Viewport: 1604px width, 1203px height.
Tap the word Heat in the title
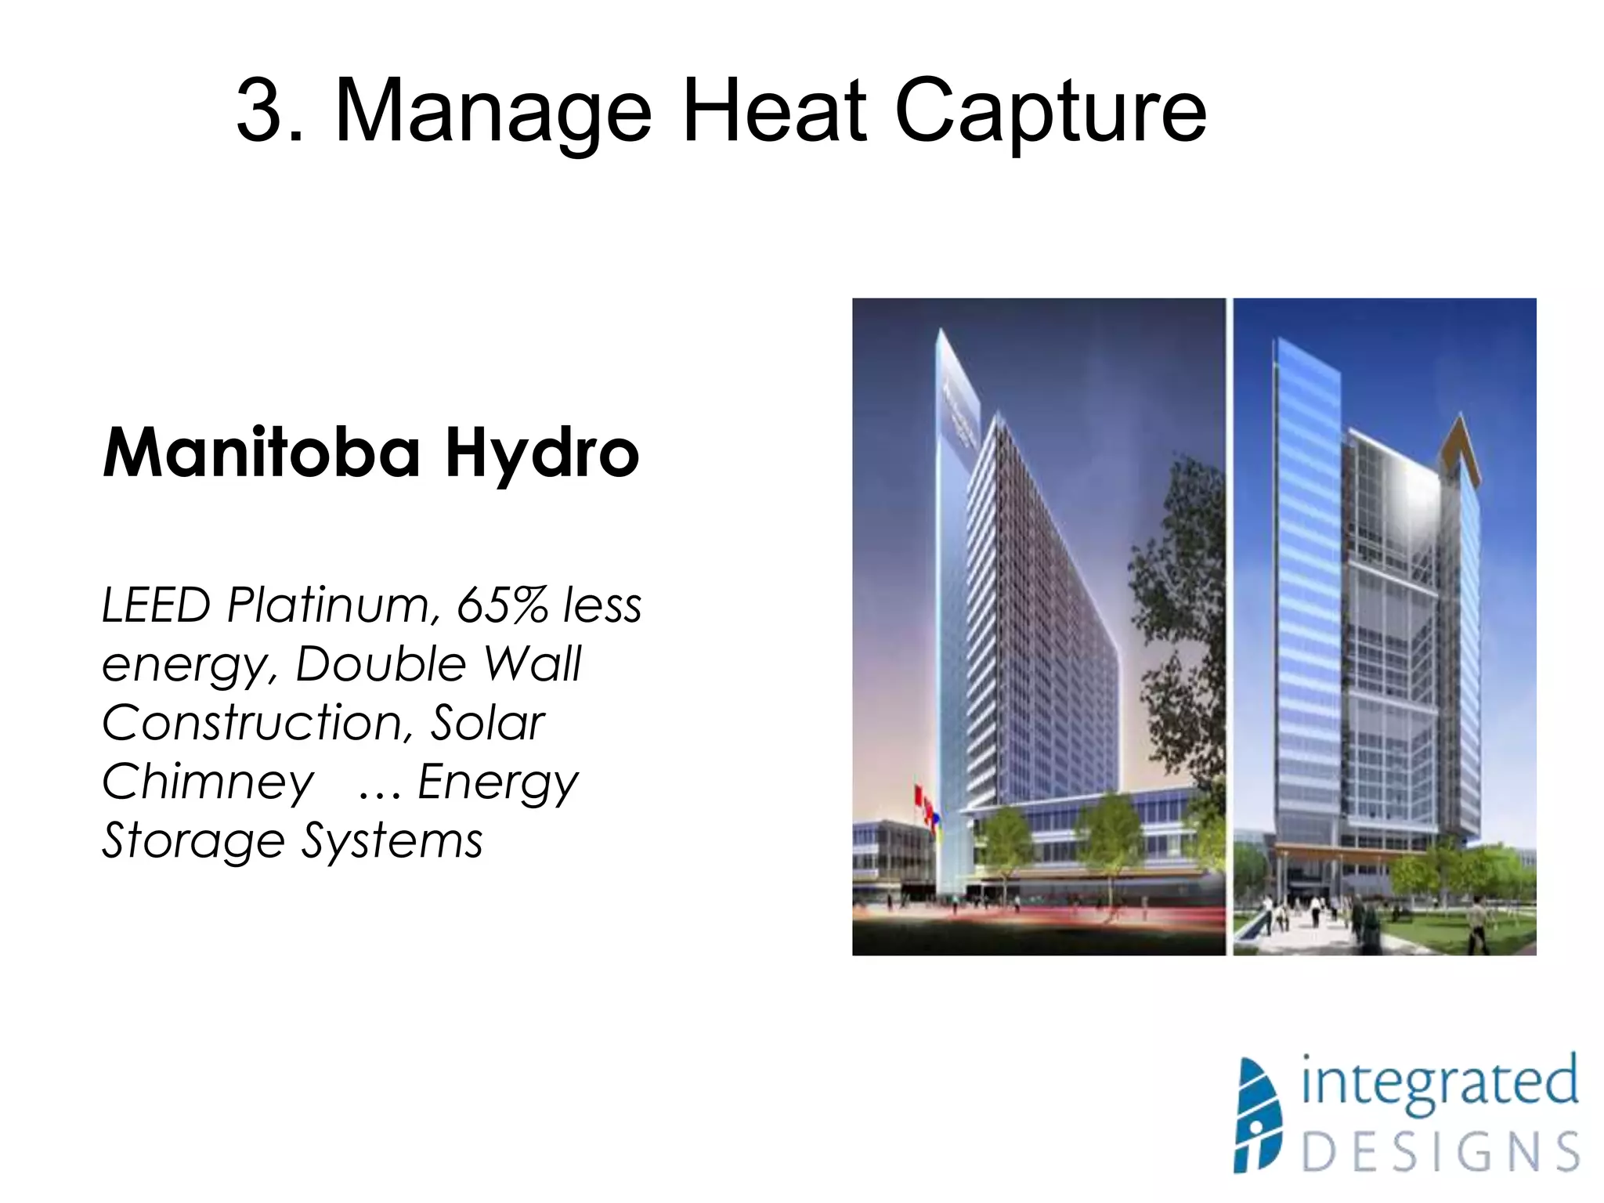(x=774, y=111)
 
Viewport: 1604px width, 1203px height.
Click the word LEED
(x=156, y=605)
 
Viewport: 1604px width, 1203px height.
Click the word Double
(x=381, y=664)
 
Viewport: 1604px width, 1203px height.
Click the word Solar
(x=487, y=722)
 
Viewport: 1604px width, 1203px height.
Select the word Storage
(x=193, y=841)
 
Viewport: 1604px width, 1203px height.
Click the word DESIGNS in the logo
(x=1440, y=1151)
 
